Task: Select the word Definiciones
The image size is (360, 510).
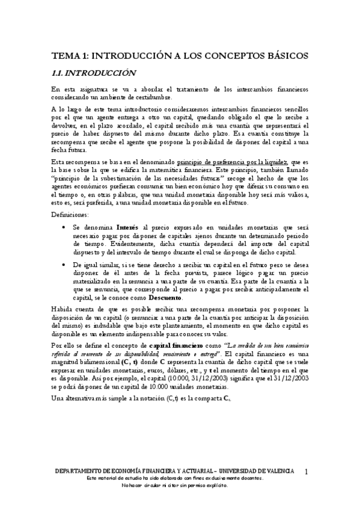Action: pyautogui.click(x=70, y=214)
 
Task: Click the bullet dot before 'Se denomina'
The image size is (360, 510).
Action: pyautogui.click(x=64, y=229)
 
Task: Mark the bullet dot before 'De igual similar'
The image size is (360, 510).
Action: pyautogui.click(x=64, y=264)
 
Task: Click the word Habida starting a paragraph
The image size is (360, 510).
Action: pyautogui.click(x=62, y=309)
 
